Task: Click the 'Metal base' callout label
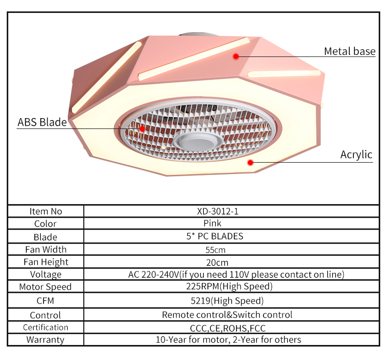coord(349,51)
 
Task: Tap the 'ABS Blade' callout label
coord(42,122)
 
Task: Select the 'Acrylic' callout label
coord(356,154)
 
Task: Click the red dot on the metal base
coord(235,56)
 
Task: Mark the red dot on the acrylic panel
coord(250,162)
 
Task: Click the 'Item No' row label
coord(46,211)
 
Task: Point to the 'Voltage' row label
coord(46,275)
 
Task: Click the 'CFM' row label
coord(46,300)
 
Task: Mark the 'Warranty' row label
coord(46,340)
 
